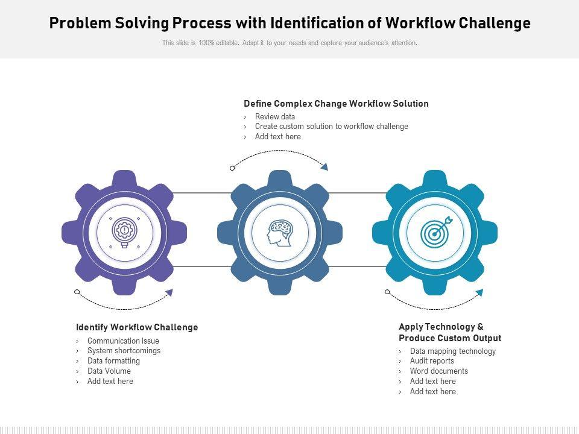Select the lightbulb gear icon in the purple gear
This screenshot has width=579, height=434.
tap(124, 232)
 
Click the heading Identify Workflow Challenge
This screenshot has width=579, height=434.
tap(137, 327)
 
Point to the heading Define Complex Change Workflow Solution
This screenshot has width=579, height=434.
tap(336, 104)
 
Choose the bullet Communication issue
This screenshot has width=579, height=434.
tap(123, 341)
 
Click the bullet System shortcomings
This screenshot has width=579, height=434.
tap(124, 351)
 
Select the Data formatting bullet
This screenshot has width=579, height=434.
tap(113, 361)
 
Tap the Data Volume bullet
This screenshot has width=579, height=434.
tap(109, 371)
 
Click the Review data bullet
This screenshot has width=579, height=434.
tap(275, 117)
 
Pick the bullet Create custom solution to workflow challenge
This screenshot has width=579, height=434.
tap(331, 127)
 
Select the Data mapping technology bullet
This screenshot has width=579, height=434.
tap(452, 351)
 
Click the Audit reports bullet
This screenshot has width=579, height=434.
tap(432, 361)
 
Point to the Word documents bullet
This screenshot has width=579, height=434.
tap(438, 371)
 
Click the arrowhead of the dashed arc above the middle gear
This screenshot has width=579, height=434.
tap(324, 166)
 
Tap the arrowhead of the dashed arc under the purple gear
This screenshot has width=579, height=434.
tap(169, 293)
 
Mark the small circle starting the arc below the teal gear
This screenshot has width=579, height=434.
tap(387, 292)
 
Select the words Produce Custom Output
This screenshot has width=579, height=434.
tap(450, 338)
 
